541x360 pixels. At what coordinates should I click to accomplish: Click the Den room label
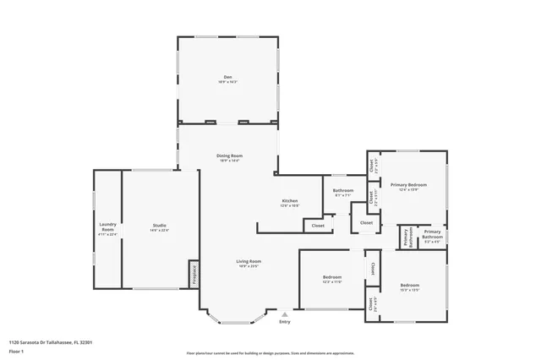click(x=227, y=77)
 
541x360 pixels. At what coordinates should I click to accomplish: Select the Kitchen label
click(x=289, y=200)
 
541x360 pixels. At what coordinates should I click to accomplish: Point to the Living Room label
click(x=249, y=261)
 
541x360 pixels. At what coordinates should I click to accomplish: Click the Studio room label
click(x=159, y=225)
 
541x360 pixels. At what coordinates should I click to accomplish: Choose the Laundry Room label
click(x=107, y=226)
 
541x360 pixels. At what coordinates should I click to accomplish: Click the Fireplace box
click(x=194, y=273)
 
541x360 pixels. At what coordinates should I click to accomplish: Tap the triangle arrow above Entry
click(x=284, y=314)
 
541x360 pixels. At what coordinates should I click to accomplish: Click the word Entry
click(x=284, y=321)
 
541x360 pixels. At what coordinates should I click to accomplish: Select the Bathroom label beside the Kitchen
click(x=343, y=190)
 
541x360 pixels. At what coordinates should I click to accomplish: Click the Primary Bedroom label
click(x=408, y=184)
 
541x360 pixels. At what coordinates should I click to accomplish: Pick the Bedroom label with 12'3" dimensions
click(x=331, y=277)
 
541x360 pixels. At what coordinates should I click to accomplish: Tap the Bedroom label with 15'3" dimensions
click(x=409, y=285)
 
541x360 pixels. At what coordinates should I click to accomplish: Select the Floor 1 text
click(x=16, y=349)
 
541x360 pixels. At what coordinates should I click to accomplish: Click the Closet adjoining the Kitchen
click(x=318, y=226)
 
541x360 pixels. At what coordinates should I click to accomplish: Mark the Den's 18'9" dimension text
click(x=227, y=82)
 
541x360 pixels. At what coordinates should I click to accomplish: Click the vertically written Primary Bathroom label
click(x=407, y=237)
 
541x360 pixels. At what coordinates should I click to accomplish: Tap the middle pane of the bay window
click(x=238, y=322)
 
